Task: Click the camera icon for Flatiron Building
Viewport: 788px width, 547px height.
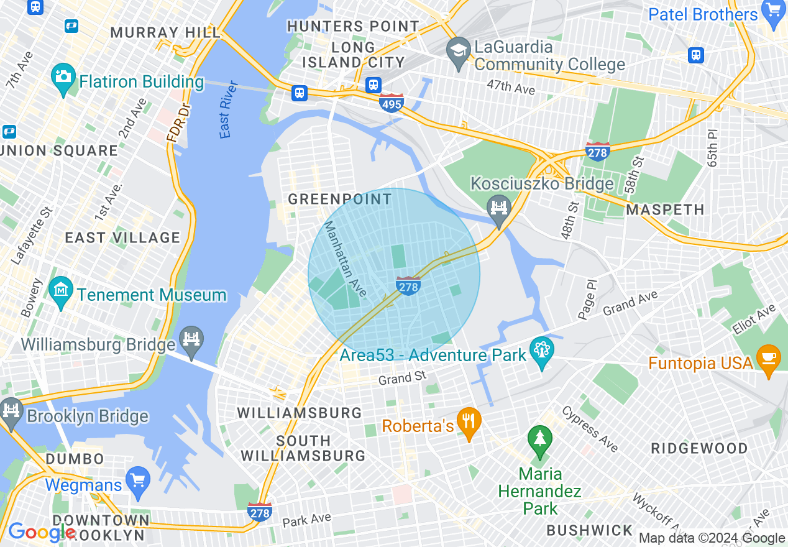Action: tap(62, 78)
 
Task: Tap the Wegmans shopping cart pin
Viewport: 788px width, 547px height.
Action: tap(137, 482)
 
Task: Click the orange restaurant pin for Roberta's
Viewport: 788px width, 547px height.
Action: tap(469, 423)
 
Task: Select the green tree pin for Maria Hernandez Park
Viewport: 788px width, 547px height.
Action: tap(539, 439)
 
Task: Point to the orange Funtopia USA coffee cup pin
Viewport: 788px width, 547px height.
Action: tap(768, 361)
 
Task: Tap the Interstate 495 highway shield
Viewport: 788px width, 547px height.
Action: tap(392, 103)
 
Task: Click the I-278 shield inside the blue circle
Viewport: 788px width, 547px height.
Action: tap(408, 286)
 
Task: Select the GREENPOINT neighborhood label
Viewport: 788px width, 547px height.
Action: tap(340, 200)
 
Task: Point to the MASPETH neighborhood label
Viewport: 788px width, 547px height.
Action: tap(665, 210)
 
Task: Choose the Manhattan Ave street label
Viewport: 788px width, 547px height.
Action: tap(346, 259)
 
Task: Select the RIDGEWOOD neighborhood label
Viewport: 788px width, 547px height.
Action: tap(699, 448)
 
